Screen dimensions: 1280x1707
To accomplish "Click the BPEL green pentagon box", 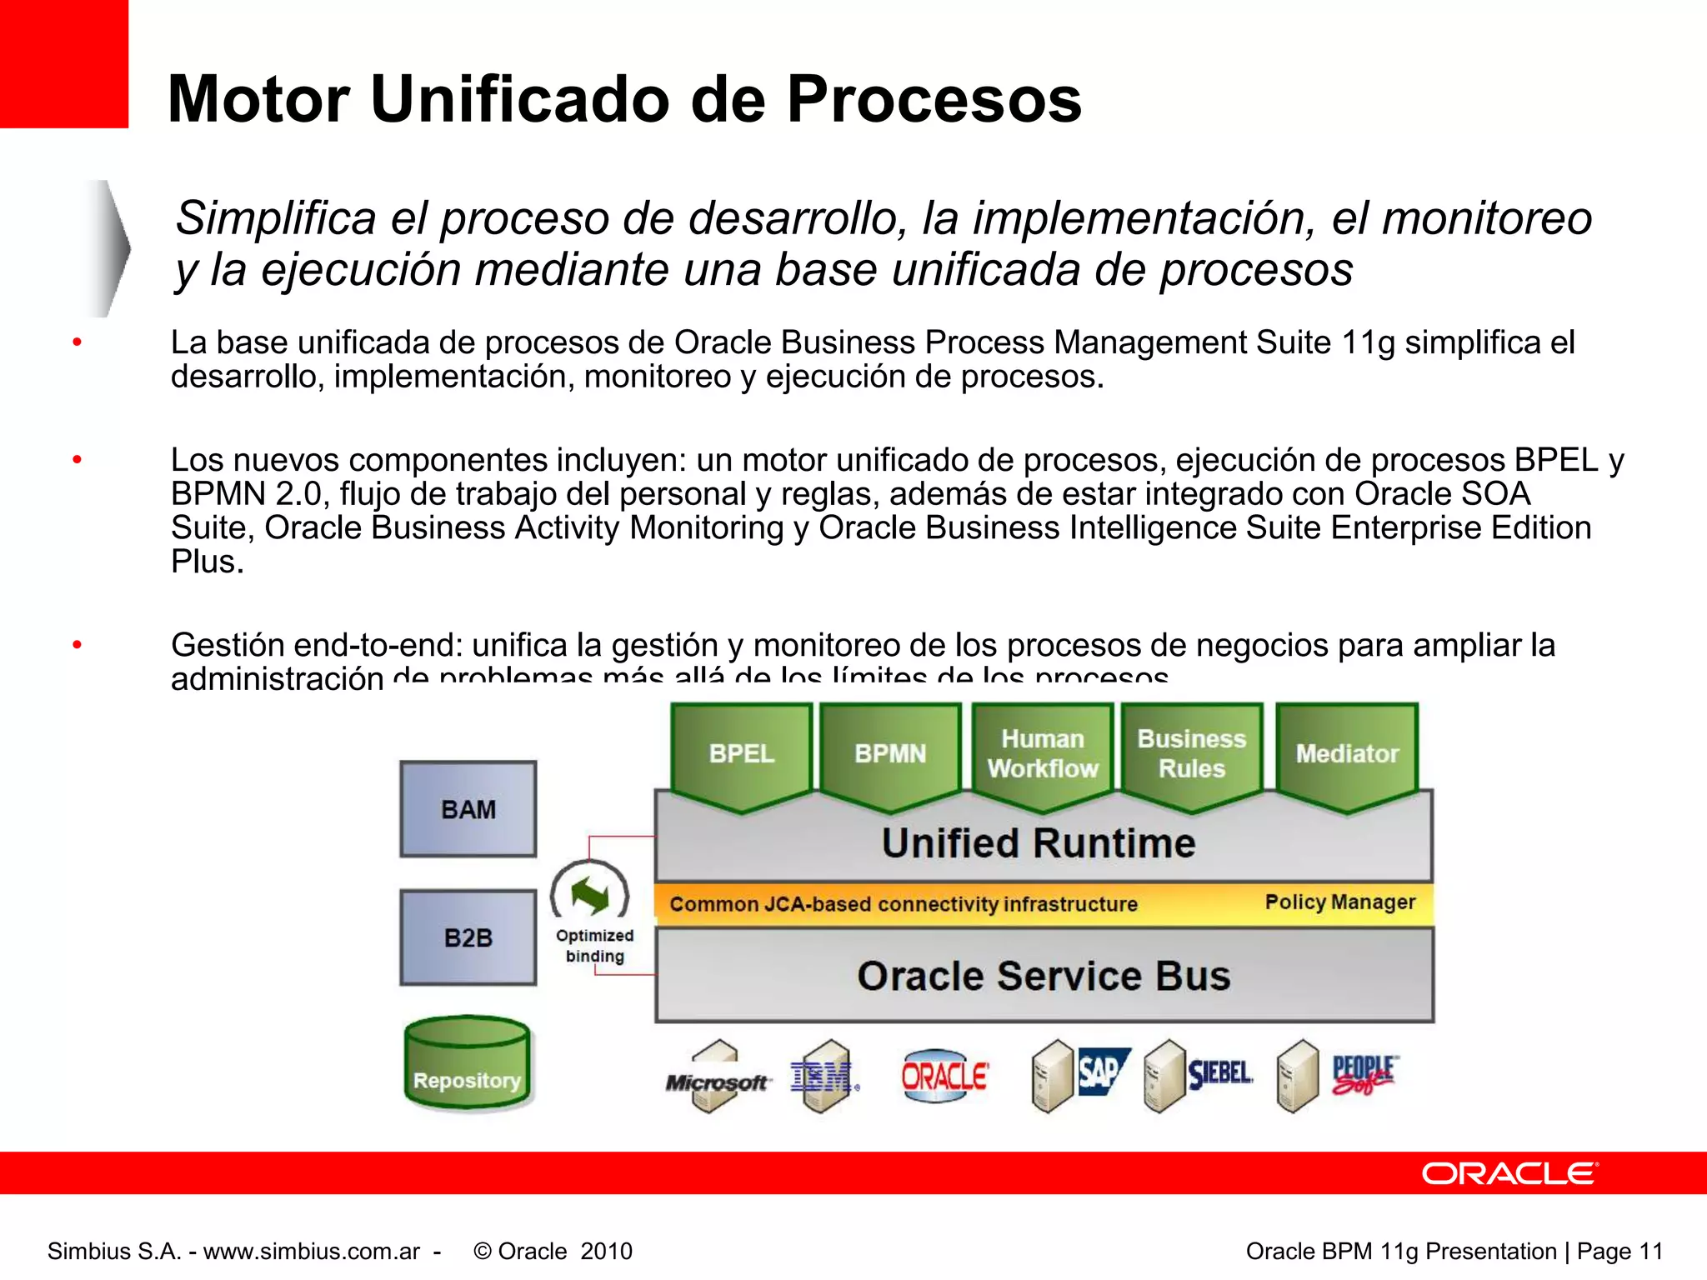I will (x=741, y=753).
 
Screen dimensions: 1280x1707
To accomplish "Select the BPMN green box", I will (x=890, y=753).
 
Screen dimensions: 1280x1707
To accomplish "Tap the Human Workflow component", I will (x=1042, y=753).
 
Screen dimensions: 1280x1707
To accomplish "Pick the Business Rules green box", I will (x=1191, y=753).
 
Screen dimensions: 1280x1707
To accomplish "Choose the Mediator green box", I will (x=1346, y=753).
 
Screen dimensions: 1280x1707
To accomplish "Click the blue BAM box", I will (x=468, y=809).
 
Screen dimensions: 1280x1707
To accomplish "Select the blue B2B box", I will (x=468, y=937).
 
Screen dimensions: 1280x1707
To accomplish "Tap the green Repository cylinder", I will (x=467, y=1065).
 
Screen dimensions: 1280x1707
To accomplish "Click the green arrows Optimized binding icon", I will (x=590, y=895).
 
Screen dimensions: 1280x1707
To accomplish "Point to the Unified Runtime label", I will (x=1039, y=842).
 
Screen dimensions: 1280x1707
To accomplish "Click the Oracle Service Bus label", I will (x=1044, y=976).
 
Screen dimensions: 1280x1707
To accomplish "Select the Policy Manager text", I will (x=1339, y=902).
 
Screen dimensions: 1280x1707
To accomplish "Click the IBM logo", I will (x=822, y=1077).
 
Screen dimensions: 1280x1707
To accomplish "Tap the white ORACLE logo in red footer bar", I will (x=1509, y=1173).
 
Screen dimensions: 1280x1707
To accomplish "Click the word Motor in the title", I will (x=258, y=99).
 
